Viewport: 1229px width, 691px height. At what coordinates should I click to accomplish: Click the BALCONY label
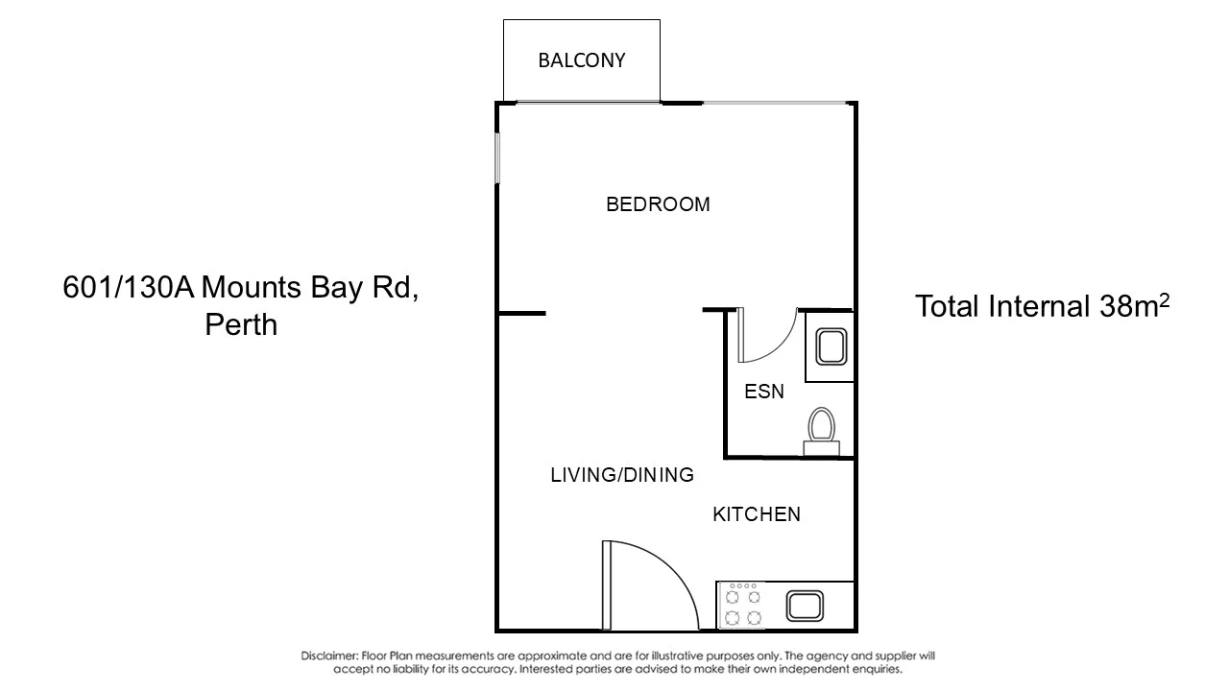tap(581, 60)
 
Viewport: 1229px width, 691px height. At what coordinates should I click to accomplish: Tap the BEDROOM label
tap(658, 204)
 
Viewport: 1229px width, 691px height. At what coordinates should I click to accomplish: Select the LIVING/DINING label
tap(621, 475)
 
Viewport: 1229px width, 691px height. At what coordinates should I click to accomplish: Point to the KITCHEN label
tap(756, 515)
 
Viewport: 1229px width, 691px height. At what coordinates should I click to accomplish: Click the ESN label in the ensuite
tap(764, 392)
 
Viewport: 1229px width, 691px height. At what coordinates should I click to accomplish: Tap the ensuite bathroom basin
tap(830, 347)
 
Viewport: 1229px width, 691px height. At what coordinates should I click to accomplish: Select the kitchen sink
tap(804, 607)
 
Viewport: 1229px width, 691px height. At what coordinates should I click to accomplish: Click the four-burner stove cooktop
tap(743, 606)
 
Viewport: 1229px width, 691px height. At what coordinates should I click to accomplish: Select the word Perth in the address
tap(241, 324)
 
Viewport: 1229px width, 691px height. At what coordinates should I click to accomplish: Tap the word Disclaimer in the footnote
tap(329, 656)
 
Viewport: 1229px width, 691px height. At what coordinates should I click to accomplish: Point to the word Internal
tap(1043, 307)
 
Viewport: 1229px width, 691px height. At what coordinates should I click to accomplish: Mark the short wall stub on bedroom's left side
tap(521, 313)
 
